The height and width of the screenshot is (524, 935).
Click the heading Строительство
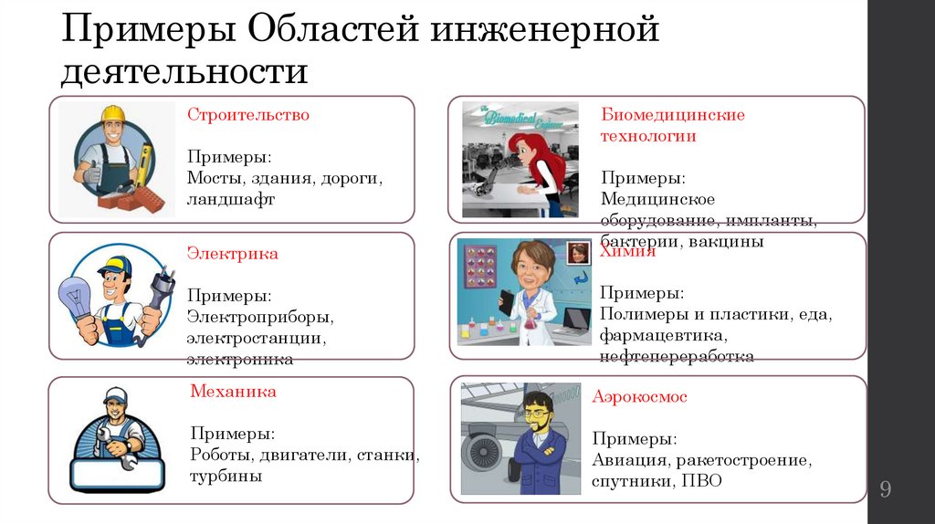point(248,115)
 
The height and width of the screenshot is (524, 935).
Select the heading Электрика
point(233,253)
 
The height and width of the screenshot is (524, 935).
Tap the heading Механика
point(233,392)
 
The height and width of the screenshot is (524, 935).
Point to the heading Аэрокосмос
point(639,397)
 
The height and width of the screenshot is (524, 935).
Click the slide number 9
point(885,489)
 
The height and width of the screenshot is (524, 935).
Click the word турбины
point(226,476)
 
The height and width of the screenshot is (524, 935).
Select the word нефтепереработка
point(677,357)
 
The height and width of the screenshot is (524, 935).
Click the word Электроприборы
point(260,318)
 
